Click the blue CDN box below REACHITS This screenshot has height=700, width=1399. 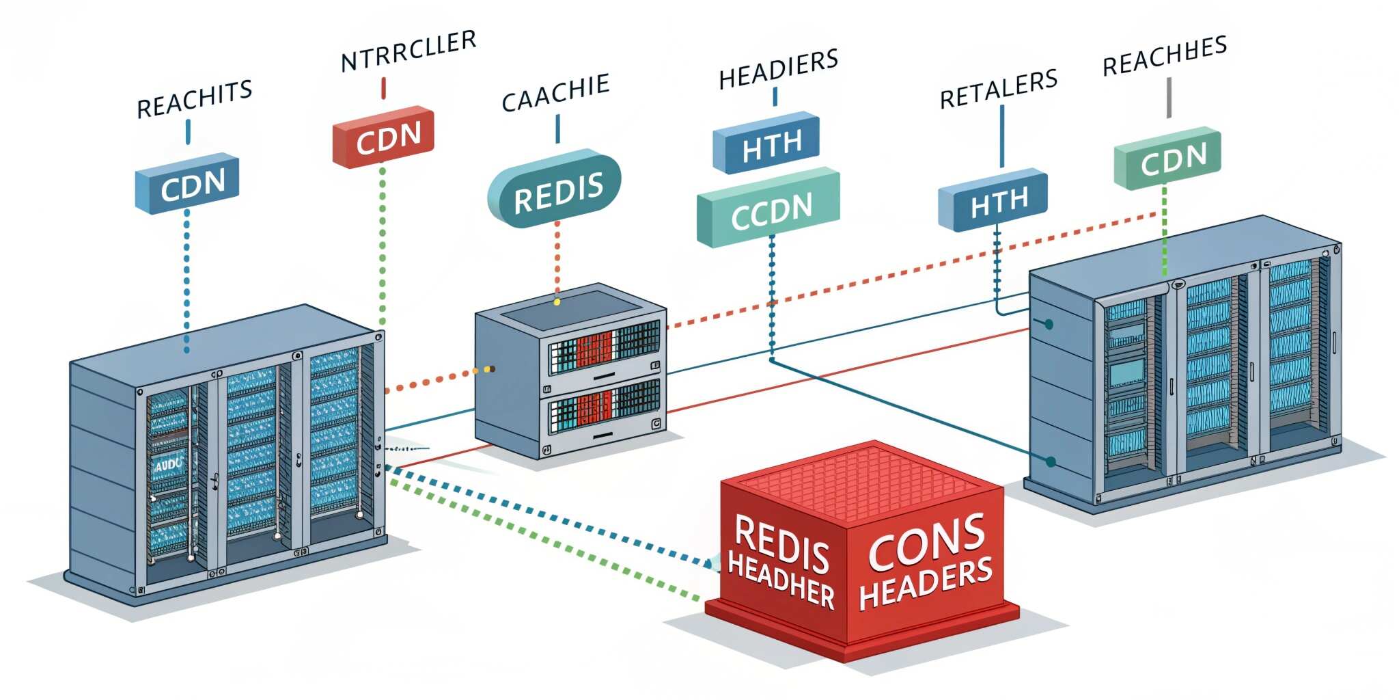coord(188,183)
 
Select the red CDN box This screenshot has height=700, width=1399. coord(384,137)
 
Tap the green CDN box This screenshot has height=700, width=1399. coord(1168,159)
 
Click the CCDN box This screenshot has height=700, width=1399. coord(768,208)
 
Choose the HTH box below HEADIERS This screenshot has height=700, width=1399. coord(767,144)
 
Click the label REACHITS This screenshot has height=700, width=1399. coord(195,100)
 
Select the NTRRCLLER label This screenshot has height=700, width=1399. coord(408,51)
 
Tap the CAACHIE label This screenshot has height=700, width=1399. coord(555,93)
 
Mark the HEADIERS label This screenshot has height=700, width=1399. coord(779,69)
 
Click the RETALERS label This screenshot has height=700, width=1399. coord(999,89)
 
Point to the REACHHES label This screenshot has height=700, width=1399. coord(1165,55)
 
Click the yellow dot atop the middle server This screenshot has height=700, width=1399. coord(557,301)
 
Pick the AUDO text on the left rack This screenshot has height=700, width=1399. coord(167,465)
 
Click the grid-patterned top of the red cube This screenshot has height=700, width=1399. coord(862,482)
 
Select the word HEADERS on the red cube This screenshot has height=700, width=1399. coord(926,582)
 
